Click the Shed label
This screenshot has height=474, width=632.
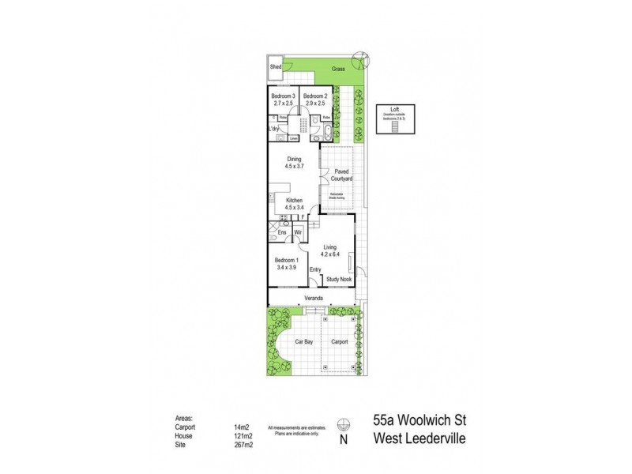[x=276, y=68]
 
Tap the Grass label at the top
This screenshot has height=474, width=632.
[x=339, y=68]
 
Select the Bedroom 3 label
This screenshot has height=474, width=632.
[x=284, y=99]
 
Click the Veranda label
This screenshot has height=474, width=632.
[x=315, y=299]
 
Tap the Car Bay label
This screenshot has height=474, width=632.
[x=306, y=342]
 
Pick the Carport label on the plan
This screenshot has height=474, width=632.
[x=340, y=342]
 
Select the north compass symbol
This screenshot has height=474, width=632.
[x=341, y=423]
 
